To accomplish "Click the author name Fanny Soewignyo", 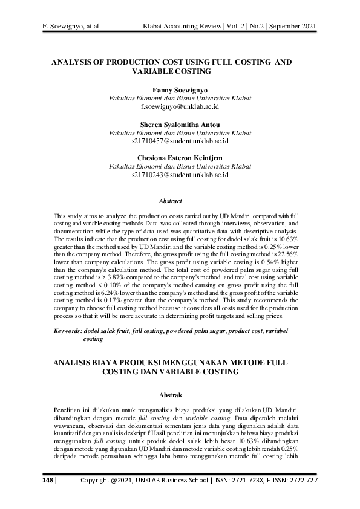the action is pos(180,89).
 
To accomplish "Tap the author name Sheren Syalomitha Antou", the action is pos(180,125).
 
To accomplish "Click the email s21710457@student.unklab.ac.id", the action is pos(180,141).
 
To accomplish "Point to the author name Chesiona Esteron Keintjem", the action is pos(180,158).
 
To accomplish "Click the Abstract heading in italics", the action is pos(170,201).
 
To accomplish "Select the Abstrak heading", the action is pos(170,395).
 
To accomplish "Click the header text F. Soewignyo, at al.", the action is pos(71,27).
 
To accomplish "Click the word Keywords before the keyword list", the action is pos(70,332).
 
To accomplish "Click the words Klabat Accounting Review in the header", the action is pos(179,27).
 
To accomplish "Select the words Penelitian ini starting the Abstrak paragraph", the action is pos(75,411).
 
